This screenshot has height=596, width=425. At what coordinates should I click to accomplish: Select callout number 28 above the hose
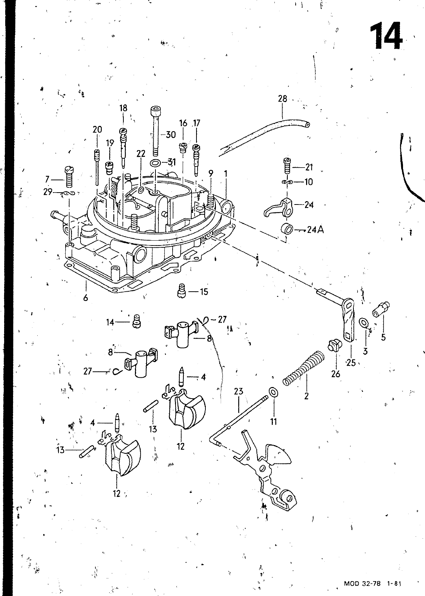[x=283, y=99]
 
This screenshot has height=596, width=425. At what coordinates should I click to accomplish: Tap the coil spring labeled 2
[x=303, y=368]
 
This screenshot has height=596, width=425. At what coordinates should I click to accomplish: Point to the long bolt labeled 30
[x=155, y=131]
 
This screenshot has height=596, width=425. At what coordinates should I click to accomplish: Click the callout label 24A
[x=315, y=229]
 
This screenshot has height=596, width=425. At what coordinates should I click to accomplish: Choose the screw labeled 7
[x=69, y=177]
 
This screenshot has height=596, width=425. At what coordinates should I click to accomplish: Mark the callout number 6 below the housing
[x=85, y=298]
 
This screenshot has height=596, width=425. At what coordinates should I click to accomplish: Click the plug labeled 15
[x=181, y=291]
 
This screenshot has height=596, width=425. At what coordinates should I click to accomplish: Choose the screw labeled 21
[x=287, y=166]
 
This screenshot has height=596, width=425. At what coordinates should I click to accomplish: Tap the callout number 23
[x=239, y=391]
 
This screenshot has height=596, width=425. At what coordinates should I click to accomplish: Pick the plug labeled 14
[x=136, y=321]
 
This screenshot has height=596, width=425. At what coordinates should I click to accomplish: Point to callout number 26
[x=336, y=374]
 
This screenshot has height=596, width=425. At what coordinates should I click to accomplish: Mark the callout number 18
[x=123, y=108]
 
